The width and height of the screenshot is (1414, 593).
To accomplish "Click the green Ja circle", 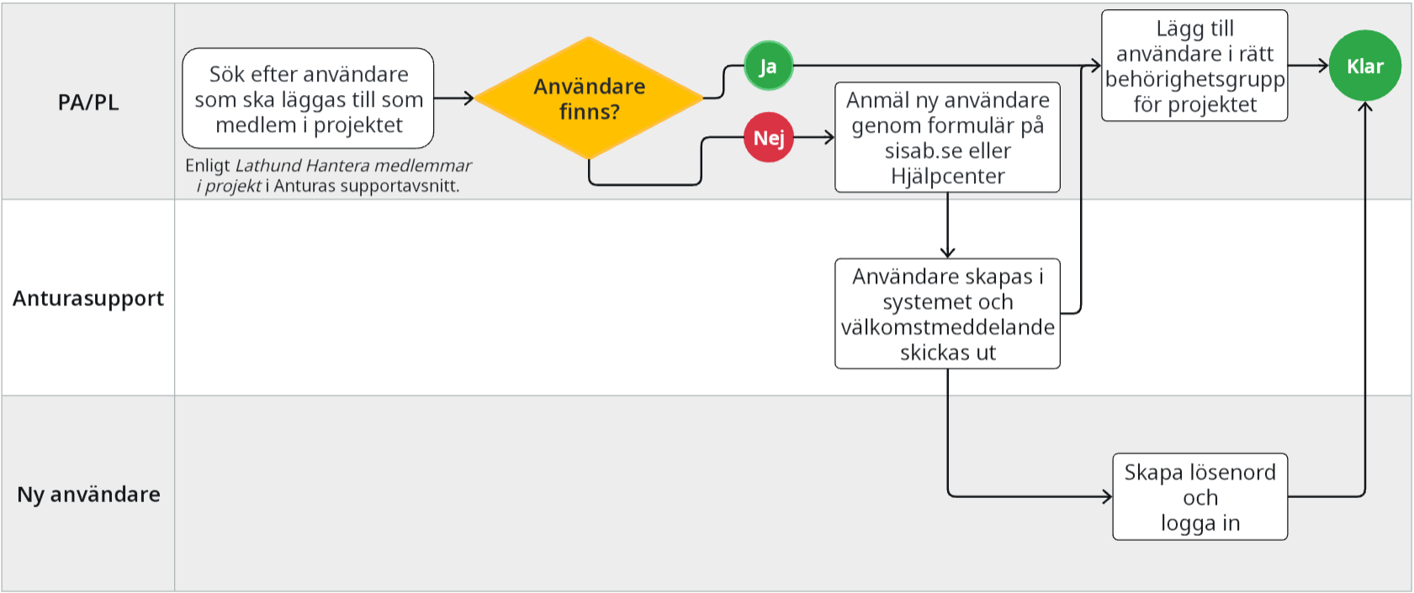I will coord(768,66).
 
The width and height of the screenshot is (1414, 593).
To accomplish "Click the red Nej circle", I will coord(768,137).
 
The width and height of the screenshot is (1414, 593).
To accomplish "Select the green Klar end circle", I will coord(1364,66).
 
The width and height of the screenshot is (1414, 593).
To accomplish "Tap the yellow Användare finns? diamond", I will coord(589,98).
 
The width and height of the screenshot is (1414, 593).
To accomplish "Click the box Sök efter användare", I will coord(308,98).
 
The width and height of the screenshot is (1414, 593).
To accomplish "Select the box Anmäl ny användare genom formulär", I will coord(947,137).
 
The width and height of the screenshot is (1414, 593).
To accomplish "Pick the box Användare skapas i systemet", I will coord(947,314).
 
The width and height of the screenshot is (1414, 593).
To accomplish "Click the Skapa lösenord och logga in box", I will coord(1200,496).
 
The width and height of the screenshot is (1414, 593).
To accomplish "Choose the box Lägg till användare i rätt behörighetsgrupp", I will coord(1194,66).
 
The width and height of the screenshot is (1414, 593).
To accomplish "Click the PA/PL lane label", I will coord(88,103).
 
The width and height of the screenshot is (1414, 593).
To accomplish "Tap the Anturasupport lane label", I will coord(88,299).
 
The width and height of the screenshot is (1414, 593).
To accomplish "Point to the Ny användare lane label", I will coord(88,495).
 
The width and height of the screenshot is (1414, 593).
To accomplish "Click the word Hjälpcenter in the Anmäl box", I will coord(947,176).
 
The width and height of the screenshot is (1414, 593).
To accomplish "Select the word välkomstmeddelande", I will coord(947,327).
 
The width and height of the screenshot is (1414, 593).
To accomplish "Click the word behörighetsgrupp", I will coord(1194,80).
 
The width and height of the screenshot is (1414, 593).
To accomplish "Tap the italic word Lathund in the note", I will coord(267,166).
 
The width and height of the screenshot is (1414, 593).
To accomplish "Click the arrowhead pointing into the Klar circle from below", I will coord(1364,107).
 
